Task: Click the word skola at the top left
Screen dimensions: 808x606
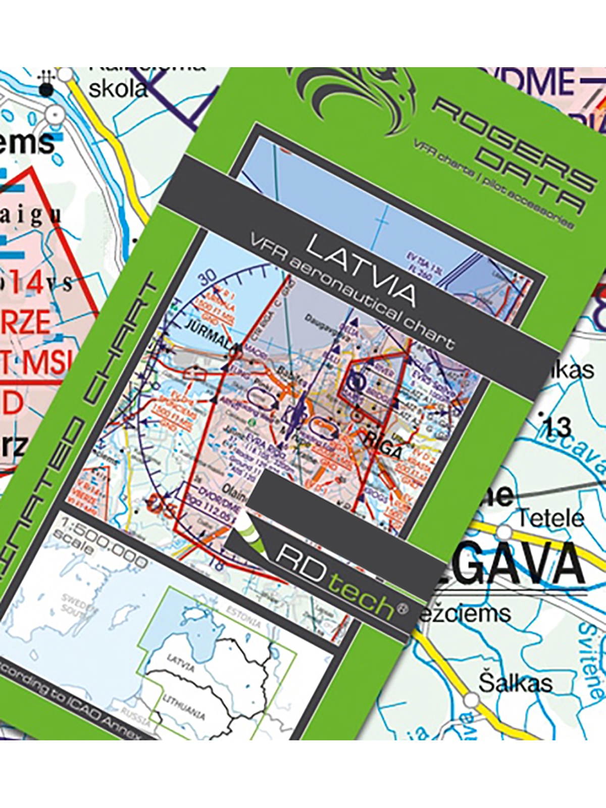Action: tap(118, 89)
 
